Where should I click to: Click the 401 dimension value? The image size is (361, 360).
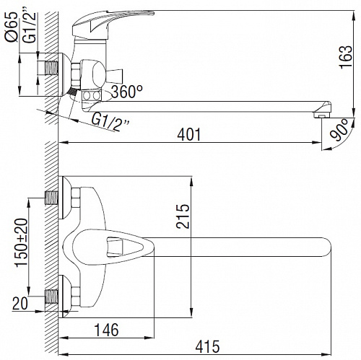pyautogui.click(x=189, y=135)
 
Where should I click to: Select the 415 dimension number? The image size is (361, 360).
pyautogui.click(x=207, y=347)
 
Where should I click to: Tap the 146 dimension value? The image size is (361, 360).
pyautogui.click(x=106, y=330)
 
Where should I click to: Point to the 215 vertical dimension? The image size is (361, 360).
pyautogui.click(x=183, y=216)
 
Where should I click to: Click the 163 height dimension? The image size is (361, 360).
pyautogui.click(x=346, y=57)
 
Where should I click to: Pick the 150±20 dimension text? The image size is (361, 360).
pyautogui.click(x=22, y=242)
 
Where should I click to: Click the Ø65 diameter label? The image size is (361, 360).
pyautogui.click(x=12, y=27)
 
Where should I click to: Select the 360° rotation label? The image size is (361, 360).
pyautogui.click(x=127, y=92)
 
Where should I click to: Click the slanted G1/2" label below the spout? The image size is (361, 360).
pyautogui.click(x=110, y=122)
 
